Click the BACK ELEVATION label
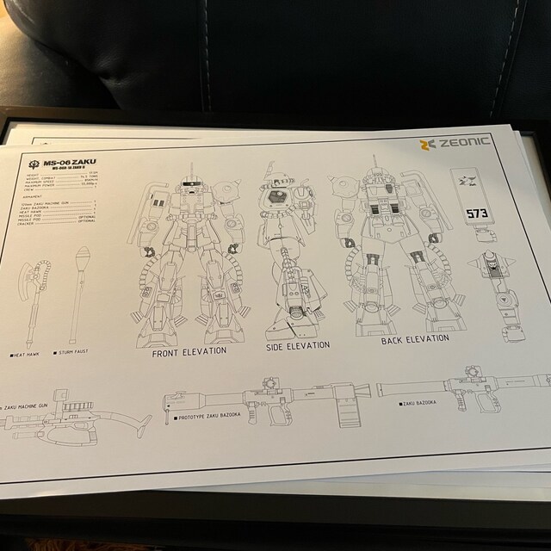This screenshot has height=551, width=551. coord(414,339)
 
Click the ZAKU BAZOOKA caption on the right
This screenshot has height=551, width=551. coord(430,401)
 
